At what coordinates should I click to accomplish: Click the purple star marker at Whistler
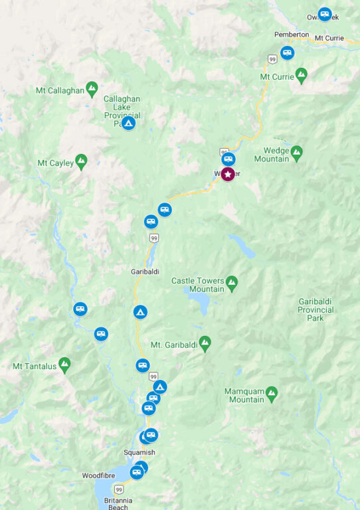pyautogui.click(x=228, y=174)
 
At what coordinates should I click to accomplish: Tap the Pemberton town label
pyautogui.click(x=292, y=35)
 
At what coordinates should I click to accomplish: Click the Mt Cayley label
pyautogui.click(x=55, y=163)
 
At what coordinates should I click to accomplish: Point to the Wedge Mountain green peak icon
pyautogui.click(x=296, y=151)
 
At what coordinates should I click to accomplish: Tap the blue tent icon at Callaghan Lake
pyautogui.click(x=128, y=123)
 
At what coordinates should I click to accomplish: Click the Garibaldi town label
pyautogui.click(x=145, y=271)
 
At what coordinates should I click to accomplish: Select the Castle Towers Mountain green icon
pyautogui.click(x=231, y=282)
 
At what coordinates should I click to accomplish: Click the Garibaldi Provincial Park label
pyautogui.click(x=315, y=309)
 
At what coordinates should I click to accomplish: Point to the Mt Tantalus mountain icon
pyautogui.click(x=64, y=363)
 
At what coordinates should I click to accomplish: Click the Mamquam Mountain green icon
pyautogui.click(x=271, y=393)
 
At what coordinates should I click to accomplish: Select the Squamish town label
pyautogui.click(x=139, y=453)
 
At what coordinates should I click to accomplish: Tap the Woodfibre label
pyautogui.click(x=99, y=475)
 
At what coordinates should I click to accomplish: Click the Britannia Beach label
pyautogui.click(x=114, y=503)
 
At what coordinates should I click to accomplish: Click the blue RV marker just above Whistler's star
pyautogui.click(x=228, y=159)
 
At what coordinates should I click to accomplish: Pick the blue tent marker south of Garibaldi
pyautogui.click(x=140, y=311)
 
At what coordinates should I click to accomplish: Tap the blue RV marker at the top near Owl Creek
pyautogui.click(x=325, y=13)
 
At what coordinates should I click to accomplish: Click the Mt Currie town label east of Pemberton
pyautogui.click(x=329, y=38)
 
